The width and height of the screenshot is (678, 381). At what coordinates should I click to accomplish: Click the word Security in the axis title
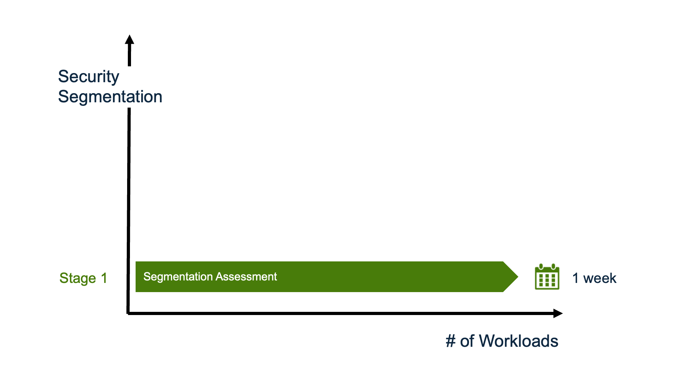click(89, 77)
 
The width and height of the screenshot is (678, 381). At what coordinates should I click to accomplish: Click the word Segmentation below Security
click(110, 97)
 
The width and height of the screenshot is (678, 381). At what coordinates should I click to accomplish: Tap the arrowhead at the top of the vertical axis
click(130, 39)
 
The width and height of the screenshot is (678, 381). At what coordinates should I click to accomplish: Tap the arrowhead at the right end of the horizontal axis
click(558, 313)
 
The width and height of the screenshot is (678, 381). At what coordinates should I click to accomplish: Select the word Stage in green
click(78, 278)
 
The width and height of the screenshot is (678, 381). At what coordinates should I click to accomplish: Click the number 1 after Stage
click(104, 278)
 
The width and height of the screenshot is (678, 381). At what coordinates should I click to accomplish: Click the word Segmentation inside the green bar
click(178, 277)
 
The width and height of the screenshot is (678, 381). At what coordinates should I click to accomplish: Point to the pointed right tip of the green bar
click(518, 277)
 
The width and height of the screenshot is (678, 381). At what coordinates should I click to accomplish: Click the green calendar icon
click(547, 277)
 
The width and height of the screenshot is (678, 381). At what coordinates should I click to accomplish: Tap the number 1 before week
click(576, 278)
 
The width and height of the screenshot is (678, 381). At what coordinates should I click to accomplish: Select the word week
click(600, 278)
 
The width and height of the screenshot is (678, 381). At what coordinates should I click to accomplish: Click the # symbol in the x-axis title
click(451, 341)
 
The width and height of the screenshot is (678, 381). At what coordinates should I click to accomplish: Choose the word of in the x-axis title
click(467, 341)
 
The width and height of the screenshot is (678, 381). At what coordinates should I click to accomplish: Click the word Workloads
click(518, 341)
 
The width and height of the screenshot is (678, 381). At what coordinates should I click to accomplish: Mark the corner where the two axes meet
click(128, 313)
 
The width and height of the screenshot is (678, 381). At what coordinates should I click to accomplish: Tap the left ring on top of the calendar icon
click(541, 266)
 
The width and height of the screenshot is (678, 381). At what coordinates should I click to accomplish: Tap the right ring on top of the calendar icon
click(553, 266)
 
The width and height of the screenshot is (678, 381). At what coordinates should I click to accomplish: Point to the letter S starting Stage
click(64, 278)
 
